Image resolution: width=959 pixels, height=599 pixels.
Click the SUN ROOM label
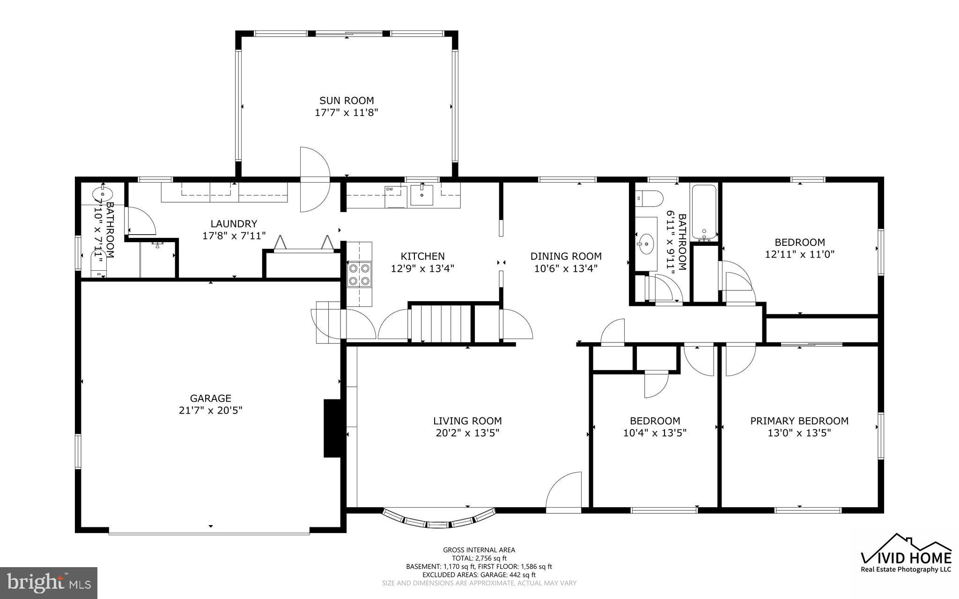[347, 100]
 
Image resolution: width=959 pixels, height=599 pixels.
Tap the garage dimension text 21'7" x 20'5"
[210, 410]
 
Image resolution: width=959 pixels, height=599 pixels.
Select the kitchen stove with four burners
[359, 275]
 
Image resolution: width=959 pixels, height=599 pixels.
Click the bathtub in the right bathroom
[704, 212]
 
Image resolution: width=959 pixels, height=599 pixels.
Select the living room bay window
[439, 520]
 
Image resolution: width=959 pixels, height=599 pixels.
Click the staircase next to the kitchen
[441, 323]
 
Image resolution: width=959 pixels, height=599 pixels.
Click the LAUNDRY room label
[234, 224]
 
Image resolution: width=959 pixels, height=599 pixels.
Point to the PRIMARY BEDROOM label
[799, 421]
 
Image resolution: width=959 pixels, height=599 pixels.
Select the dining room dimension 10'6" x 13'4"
[566, 268]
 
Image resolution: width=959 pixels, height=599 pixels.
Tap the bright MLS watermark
[49, 583]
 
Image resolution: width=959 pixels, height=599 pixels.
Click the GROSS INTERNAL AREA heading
[479, 550]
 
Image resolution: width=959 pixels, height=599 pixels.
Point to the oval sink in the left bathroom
[102, 193]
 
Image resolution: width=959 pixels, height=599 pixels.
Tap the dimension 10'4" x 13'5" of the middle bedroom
[655, 433]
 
